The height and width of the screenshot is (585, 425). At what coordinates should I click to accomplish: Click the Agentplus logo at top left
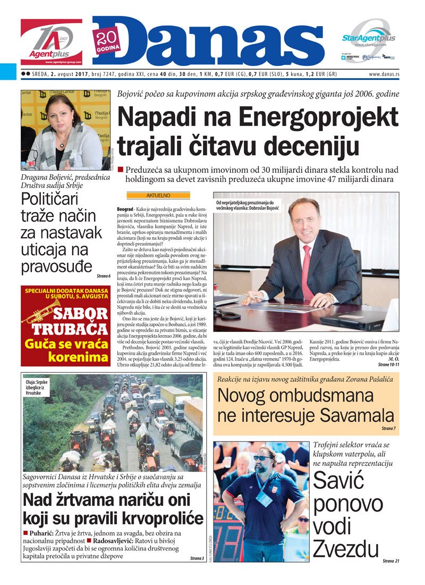(x=52, y=42)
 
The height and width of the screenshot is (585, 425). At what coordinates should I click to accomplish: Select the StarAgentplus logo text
(x=368, y=38)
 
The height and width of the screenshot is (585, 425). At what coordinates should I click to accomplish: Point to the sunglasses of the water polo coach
(x=263, y=458)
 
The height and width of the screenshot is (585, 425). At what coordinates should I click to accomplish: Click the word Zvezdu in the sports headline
(x=346, y=548)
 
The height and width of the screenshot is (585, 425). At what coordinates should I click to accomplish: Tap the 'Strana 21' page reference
(x=390, y=561)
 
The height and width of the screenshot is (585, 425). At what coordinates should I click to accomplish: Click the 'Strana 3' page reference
(x=196, y=558)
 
